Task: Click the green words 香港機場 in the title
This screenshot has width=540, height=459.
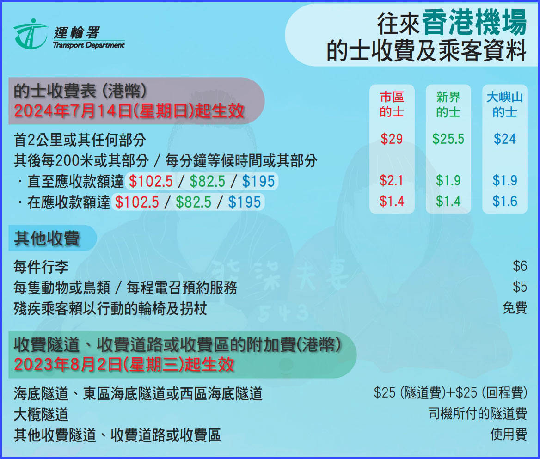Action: pyautogui.click(x=474, y=24)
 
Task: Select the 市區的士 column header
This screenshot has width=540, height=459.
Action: pyautogui.click(x=392, y=104)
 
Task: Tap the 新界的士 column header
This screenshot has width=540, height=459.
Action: pyautogui.click(x=448, y=104)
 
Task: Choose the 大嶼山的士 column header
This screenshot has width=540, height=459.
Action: pyautogui.click(x=504, y=104)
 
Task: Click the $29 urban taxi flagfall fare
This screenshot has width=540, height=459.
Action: pyautogui.click(x=392, y=139)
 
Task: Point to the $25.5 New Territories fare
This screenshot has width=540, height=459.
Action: pyautogui.click(x=448, y=139)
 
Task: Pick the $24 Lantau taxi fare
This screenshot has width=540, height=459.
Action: pyautogui.click(x=504, y=139)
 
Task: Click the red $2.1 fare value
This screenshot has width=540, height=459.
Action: pyautogui.click(x=392, y=181)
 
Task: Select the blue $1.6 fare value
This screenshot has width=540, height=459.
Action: pyautogui.click(x=504, y=202)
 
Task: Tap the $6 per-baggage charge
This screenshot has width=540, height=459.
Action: pyautogui.click(x=520, y=266)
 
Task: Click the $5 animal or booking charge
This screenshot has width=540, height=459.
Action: pyautogui.click(x=520, y=287)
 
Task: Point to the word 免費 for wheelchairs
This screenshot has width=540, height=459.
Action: pyautogui.click(x=515, y=308)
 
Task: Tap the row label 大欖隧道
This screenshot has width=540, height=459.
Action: pyautogui.click(x=41, y=414)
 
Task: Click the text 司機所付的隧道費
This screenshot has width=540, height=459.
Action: pyautogui.click(x=478, y=414)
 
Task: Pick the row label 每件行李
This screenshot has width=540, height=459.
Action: pyautogui.click(x=41, y=267)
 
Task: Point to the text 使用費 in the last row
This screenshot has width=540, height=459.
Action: pyautogui.click(x=509, y=435)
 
